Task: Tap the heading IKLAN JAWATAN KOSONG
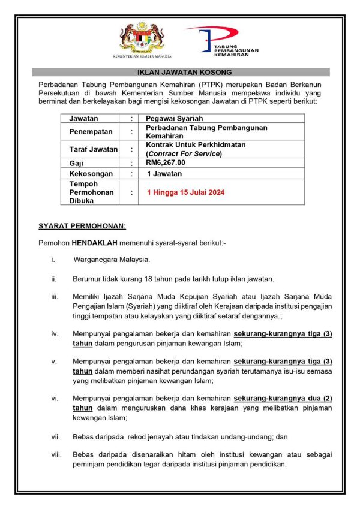tap(180, 72)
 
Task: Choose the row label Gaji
tap(77, 162)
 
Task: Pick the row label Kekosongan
tap(90, 173)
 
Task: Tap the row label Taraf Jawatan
tap(93, 149)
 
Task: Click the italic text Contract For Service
tap(184, 153)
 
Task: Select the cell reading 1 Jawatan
tap(164, 173)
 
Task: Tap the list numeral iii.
tap(54, 297)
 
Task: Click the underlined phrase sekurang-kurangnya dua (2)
tap(282, 399)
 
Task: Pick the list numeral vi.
tap(55, 399)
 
